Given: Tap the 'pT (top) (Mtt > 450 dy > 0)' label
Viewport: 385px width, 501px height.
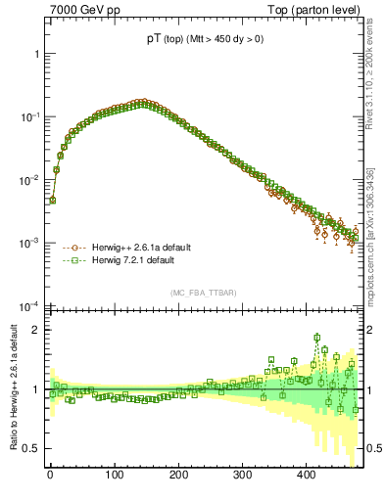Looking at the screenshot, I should tap(206, 39).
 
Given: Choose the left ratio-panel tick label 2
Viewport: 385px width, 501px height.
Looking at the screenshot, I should tap(35, 330).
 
